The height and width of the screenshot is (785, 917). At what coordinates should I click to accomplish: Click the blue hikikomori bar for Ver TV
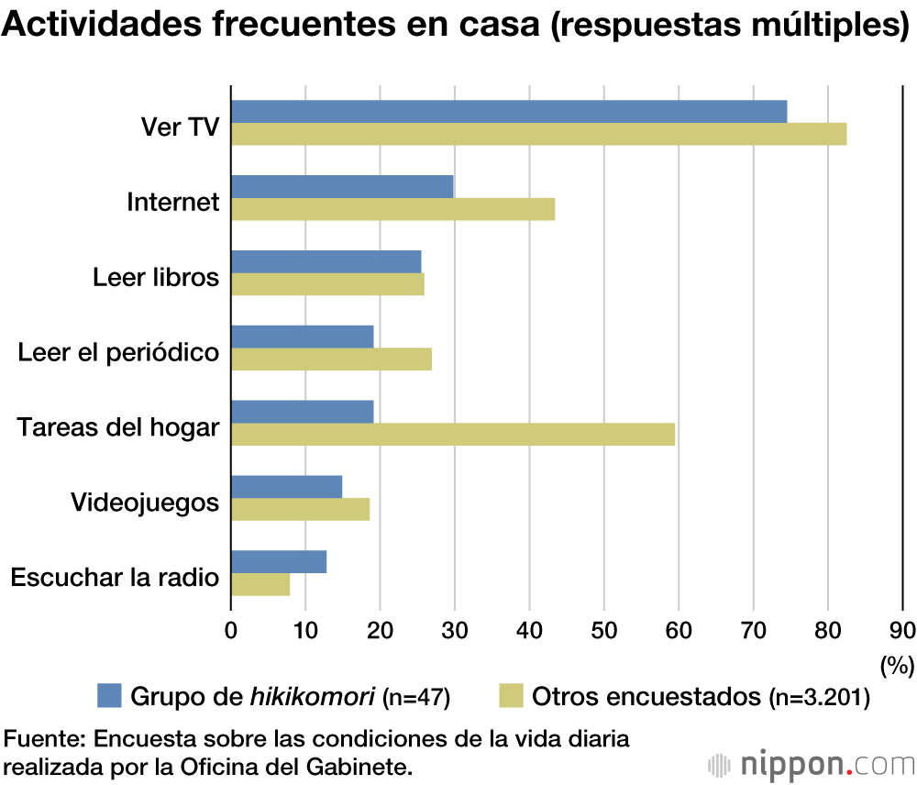(509, 111)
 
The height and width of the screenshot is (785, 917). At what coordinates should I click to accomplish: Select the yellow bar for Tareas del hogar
(453, 434)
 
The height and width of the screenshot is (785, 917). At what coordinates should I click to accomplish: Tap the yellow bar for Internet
(392, 209)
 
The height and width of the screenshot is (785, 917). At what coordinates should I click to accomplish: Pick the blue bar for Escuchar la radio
(279, 561)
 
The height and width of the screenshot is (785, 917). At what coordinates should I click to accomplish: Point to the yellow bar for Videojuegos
(300, 509)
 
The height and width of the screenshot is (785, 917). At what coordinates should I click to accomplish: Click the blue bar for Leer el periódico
(303, 337)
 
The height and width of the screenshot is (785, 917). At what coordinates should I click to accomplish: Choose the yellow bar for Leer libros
(327, 284)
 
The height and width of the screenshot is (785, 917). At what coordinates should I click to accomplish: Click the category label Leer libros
(156, 276)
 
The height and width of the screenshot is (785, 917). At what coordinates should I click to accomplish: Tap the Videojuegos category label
(145, 503)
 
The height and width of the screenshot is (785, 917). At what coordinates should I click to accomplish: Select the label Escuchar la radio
(115, 578)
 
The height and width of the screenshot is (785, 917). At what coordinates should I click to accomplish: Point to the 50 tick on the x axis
(603, 630)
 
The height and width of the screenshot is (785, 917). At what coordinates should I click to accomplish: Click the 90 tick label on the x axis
(902, 630)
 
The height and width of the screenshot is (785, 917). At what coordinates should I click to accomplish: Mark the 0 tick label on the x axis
(231, 630)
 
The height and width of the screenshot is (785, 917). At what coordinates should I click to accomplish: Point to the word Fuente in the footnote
(42, 739)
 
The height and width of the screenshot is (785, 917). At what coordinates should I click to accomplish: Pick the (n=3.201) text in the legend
(819, 698)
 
